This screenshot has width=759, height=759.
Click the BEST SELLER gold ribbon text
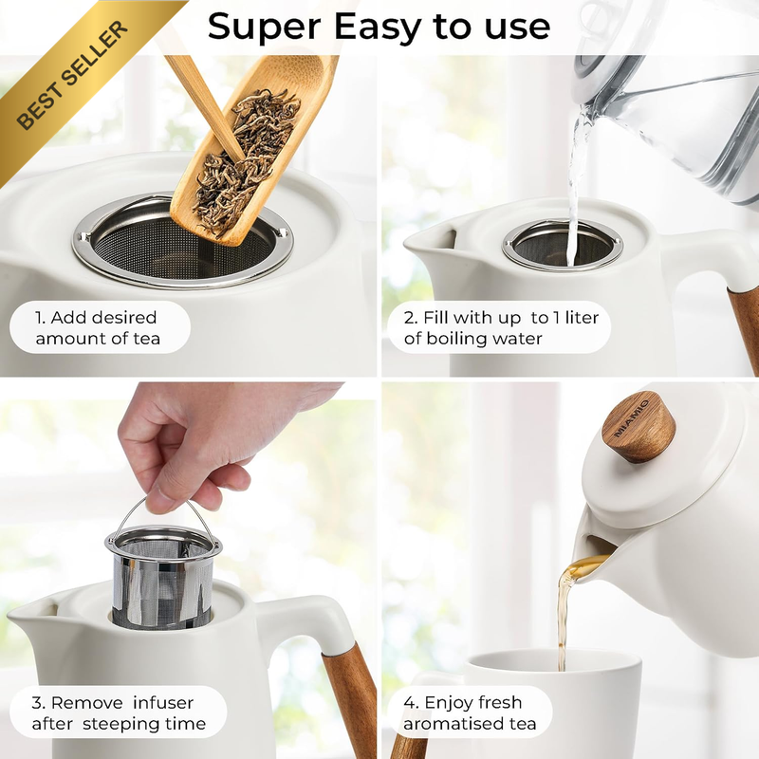73,76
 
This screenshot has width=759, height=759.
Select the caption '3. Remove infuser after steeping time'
118,713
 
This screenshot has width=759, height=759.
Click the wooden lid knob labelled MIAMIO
638,426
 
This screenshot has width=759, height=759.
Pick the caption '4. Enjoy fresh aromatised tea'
470,713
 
